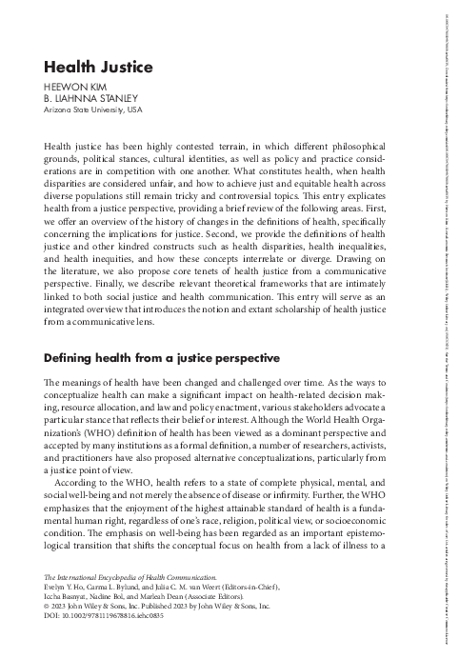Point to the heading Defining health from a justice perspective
click(149, 361)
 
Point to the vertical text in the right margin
click(448, 324)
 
